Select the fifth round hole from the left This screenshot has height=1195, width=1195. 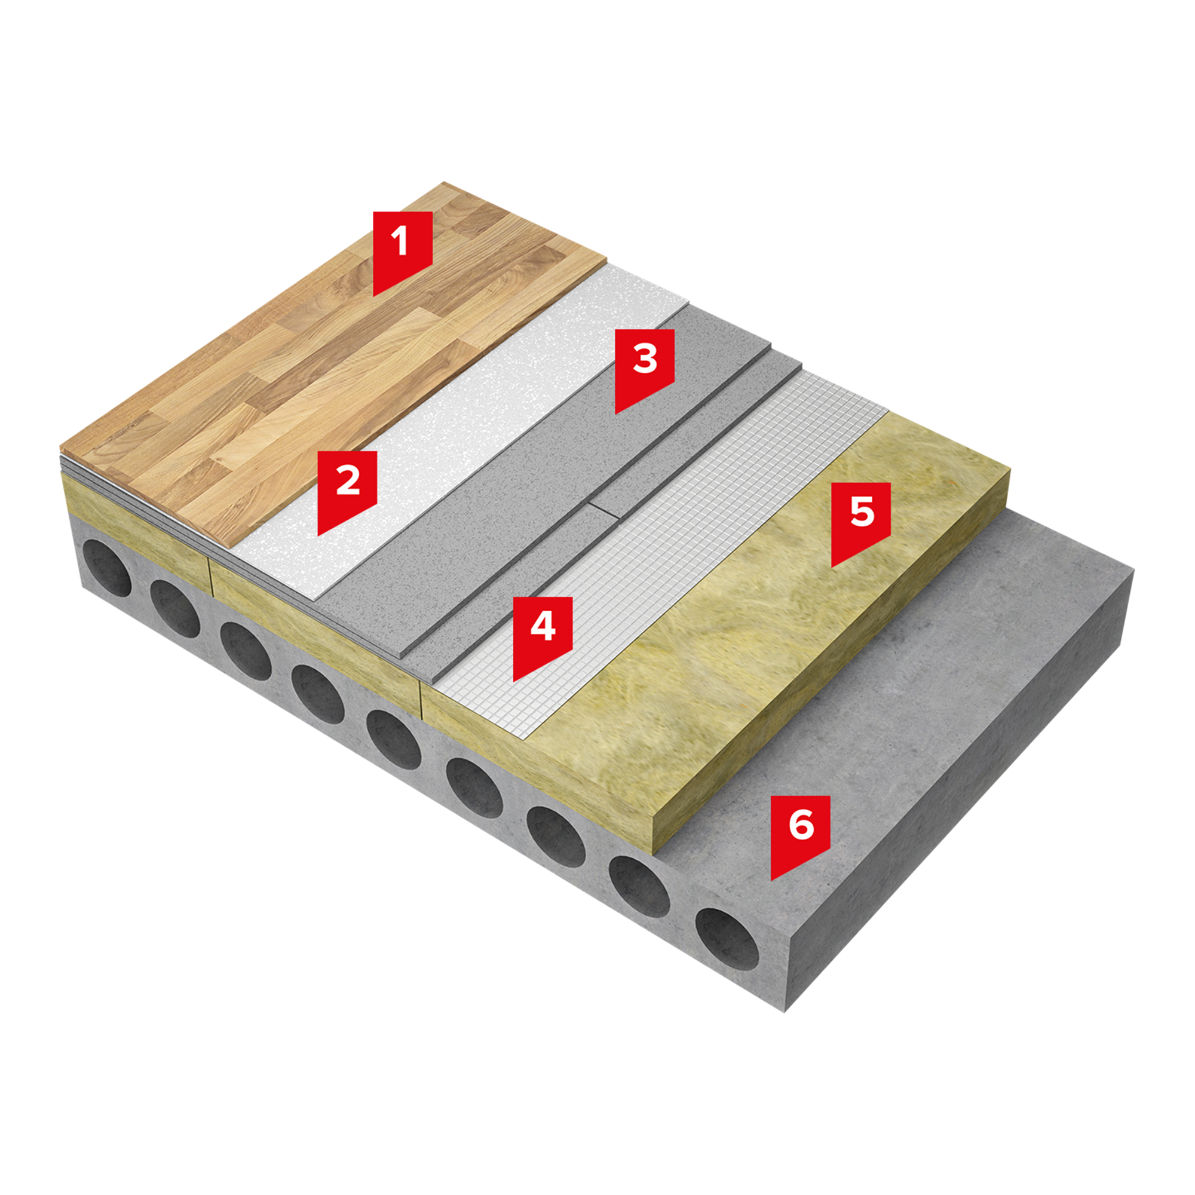pos(393,740)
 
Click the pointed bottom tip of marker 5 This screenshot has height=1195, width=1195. pos(832,567)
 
